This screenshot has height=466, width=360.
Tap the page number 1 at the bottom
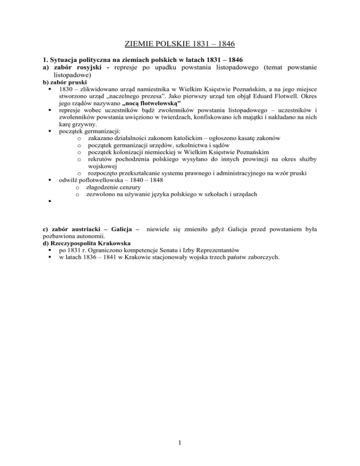(180, 454)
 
